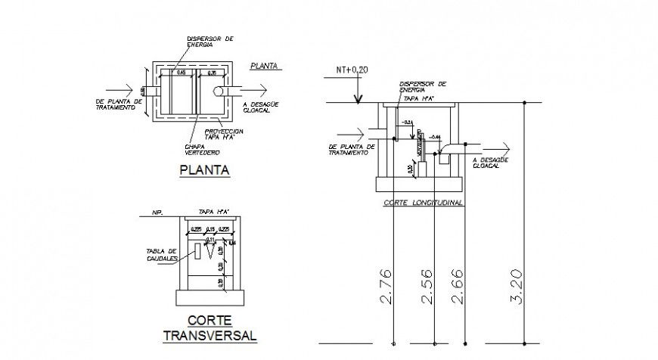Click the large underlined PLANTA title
click(203, 170)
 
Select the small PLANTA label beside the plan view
click(264, 66)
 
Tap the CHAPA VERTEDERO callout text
click(199, 148)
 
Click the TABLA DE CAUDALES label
click(161, 254)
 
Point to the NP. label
click(157, 213)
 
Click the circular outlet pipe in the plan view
click(219, 92)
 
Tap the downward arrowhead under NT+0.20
click(358, 96)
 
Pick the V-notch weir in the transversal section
click(210, 252)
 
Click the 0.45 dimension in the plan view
click(182, 73)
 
